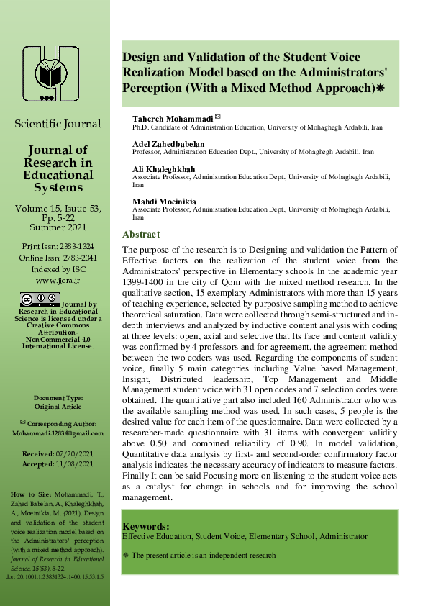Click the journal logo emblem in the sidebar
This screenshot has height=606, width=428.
pyautogui.click(x=51, y=73)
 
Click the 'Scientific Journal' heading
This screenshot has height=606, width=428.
pyautogui.click(x=58, y=124)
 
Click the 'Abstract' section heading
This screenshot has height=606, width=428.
pyautogui.click(x=141, y=235)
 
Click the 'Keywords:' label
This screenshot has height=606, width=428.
pyautogui.click(x=146, y=526)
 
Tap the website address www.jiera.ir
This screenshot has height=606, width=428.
pyautogui.click(x=58, y=280)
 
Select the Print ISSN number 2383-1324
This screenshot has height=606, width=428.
pyautogui.click(x=76, y=247)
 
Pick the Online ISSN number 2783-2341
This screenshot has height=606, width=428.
pyautogui.click(x=78, y=258)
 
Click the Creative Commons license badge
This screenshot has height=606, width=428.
pyautogui.click(x=40, y=299)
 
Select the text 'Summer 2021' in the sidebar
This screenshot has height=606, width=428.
pyautogui.click(x=58, y=227)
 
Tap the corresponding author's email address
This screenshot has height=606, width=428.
pyautogui.click(x=58, y=433)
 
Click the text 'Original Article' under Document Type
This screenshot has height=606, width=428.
pyautogui.click(x=58, y=406)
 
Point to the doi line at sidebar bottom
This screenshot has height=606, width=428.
pyautogui.click(x=55, y=577)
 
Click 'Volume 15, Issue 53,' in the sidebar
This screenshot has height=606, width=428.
pyautogui.click(x=58, y=208)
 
